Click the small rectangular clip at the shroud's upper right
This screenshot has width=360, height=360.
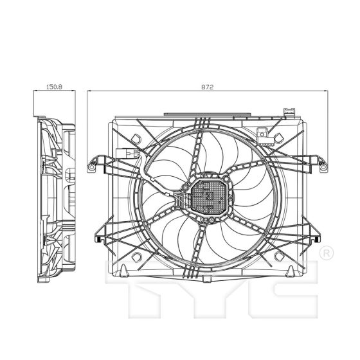(262, 134)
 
